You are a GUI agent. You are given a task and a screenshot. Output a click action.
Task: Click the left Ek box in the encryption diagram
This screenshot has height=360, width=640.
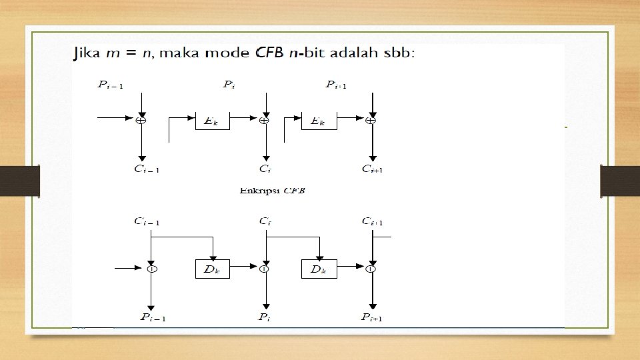212,121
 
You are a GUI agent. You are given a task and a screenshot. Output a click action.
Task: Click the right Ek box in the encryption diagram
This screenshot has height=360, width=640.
319,121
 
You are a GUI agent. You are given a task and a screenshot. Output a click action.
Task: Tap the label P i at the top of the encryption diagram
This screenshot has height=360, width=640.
228,85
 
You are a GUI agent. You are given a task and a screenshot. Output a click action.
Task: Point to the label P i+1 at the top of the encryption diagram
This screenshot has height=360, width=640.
337,85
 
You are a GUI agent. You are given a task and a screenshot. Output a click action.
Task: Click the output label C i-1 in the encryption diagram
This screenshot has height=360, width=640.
147,168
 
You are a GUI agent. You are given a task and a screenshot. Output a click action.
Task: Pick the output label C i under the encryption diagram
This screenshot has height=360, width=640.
265,168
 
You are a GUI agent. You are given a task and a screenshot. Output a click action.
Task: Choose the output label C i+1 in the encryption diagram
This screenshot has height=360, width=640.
372,168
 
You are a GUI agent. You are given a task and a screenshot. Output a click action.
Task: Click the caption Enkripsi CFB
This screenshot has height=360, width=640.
273,191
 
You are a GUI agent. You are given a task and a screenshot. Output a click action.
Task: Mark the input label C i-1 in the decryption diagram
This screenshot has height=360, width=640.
147,221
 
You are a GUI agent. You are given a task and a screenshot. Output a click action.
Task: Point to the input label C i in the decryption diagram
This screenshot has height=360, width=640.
265,221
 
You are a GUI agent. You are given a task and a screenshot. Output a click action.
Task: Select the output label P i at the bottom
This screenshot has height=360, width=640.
264,317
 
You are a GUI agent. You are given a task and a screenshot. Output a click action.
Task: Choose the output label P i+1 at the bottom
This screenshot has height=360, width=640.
371,317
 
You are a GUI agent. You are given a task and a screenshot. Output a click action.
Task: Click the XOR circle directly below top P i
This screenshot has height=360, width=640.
265,121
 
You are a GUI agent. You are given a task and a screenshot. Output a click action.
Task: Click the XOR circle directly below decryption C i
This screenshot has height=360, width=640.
265,269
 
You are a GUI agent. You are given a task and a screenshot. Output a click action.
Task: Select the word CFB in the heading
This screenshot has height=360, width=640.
272,53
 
